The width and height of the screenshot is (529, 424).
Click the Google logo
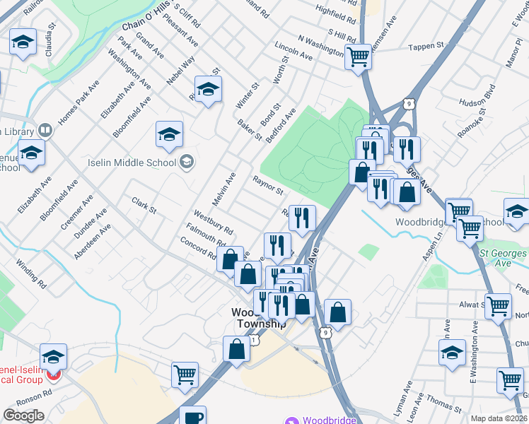pyautogui.click(x=23, y=416)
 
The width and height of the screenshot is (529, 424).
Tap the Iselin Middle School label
pyautogui.click(x=132, y=163)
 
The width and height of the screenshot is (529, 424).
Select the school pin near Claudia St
pyautogui.click(x=23, y=43)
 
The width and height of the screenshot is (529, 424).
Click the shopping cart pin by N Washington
pyautogui.click(x=359, y=57)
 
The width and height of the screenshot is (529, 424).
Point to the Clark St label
pyautogui.click(x=144, y=205)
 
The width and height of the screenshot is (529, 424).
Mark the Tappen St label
pyautogui.click(x=426, y=47)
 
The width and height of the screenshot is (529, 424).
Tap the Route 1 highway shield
pyautogui.click(x=255, y=341)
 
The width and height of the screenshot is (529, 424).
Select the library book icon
pyautogui.click(x=45, y=131)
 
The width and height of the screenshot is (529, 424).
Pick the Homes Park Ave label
pyautogui.click(x=79, y=107)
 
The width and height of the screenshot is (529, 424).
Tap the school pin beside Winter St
pyautogui.click(x=208, y=89)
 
